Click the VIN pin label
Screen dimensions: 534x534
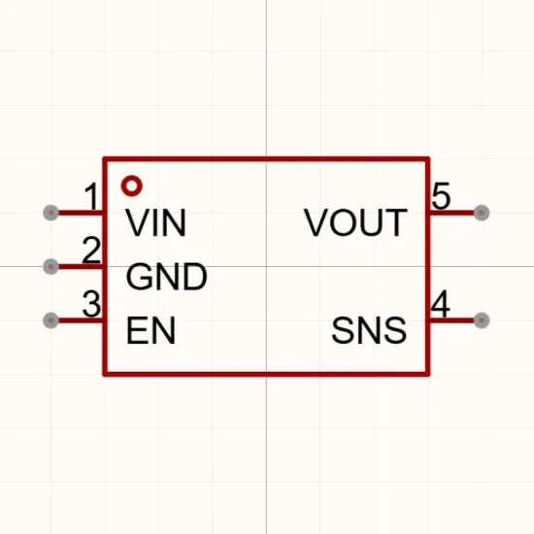tap(156, 222)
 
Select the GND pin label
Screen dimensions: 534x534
tap(167, 277)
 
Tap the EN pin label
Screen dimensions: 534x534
tap(150, 330)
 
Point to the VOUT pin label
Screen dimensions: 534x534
tap(355, 222)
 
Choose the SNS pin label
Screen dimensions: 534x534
tap(369, 330)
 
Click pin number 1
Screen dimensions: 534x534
tap(91, 196)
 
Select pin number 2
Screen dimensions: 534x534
tap(91, 250)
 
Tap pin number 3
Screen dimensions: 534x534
tap(91, 304)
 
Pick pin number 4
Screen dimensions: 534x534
tap(441, 304)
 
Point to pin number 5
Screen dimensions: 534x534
tap(441, 196)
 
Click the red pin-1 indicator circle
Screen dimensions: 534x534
tap(132, 180)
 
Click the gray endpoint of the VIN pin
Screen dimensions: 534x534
tap(51, 213)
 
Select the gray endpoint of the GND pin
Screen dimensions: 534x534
tap(51, 266)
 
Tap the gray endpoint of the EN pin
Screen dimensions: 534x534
tap(51, 320)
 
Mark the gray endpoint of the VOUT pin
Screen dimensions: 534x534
tap(482, 213)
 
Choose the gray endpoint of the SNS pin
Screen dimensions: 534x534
tap(482, 320)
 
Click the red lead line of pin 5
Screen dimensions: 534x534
tap(451, 213)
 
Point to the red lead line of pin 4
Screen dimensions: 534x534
tap(451, 320)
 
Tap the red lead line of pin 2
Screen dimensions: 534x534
tap(81, 266)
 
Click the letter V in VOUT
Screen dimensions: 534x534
tap(316, 222)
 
